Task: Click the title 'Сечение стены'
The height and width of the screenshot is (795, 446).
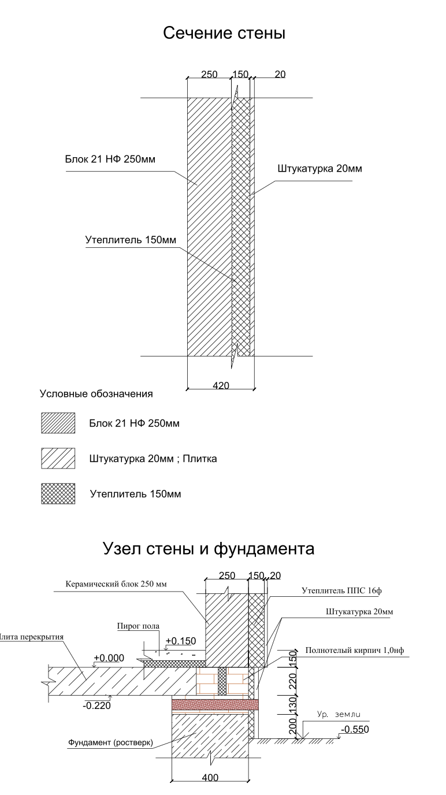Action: pyautogui.click(x=224, y=33)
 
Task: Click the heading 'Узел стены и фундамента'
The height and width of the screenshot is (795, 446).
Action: pyautogui.click(x=209, y=548)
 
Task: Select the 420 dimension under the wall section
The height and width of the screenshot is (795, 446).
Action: pyautogui.click(x=221, y=385)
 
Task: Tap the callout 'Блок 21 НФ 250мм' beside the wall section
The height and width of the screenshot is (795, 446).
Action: pyautogui.click(x=110, y=159)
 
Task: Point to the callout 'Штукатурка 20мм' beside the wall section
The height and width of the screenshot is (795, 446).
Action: pyautogui.click(x=319, y=169)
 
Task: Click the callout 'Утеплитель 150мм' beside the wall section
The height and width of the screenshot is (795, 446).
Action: pyautogui.click(x=131, y=240)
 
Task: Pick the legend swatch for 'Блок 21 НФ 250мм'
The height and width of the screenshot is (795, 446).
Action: pyautogui.click(x=58, y=423)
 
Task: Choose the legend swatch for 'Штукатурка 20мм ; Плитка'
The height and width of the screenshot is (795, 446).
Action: pyautogui.click(x=58, y=458)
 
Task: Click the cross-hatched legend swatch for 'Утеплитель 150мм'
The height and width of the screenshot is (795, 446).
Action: pyautogui.click(x=58, y=493)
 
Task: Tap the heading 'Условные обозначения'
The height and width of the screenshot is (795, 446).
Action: pyautogui.click(x=96, y=394)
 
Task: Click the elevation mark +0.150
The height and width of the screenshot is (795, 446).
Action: pyautogui.click(x=181, y=641)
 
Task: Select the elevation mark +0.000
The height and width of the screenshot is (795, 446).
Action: pyautogui.click(x=109, y=658)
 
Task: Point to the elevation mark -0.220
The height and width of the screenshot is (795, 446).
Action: pyautogui.click(x=96, y=705)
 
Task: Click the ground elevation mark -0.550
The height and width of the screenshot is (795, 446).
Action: pyautogui.click(x=355, y=729)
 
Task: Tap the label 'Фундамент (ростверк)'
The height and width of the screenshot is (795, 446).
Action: pyautogui.click(x=110, y=742)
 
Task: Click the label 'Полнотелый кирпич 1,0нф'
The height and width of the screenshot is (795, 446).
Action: pyautogui.click(x=355, y=651)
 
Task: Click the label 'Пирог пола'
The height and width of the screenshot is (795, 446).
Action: pyautogui.click(x=138, y=626)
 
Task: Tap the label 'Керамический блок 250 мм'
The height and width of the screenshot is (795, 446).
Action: pyautogui.click(x=116, y=584)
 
